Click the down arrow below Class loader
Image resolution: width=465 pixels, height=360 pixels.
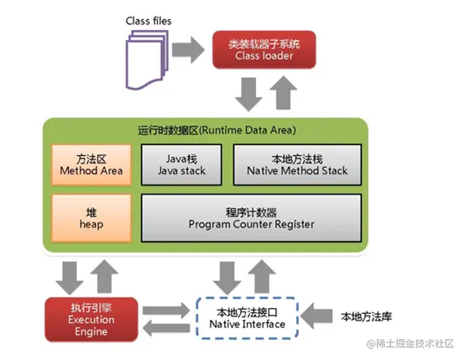click(248, 94)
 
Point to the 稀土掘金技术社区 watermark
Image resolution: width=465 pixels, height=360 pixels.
click(406, 344)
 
